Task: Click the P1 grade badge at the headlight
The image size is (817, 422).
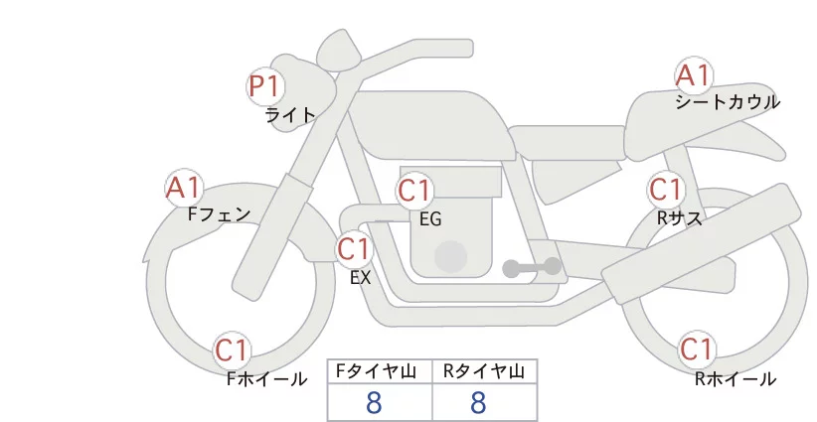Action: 265,86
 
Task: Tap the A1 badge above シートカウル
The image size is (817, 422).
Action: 694,75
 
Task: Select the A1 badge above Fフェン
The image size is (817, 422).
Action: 184,188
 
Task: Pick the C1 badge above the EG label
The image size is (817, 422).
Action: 414,191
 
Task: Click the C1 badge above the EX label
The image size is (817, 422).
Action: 354,249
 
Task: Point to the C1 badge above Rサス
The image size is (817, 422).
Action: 666,190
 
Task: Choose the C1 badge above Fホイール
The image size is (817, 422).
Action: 232,351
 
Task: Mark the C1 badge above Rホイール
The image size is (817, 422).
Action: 697,350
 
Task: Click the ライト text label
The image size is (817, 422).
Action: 290,115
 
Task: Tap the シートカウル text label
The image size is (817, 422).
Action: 728,102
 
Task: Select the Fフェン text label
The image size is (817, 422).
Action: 219,214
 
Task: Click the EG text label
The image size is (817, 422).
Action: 430,219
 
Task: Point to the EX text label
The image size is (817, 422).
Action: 361,278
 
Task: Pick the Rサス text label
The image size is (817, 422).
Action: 680,218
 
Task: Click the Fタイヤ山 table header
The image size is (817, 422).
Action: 376,371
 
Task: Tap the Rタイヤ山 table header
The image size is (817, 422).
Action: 484,371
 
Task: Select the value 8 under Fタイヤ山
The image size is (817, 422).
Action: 374,402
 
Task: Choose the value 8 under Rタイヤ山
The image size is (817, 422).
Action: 478,402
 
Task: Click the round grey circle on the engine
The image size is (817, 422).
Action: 450,257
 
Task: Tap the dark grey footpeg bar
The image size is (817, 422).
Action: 532,267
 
